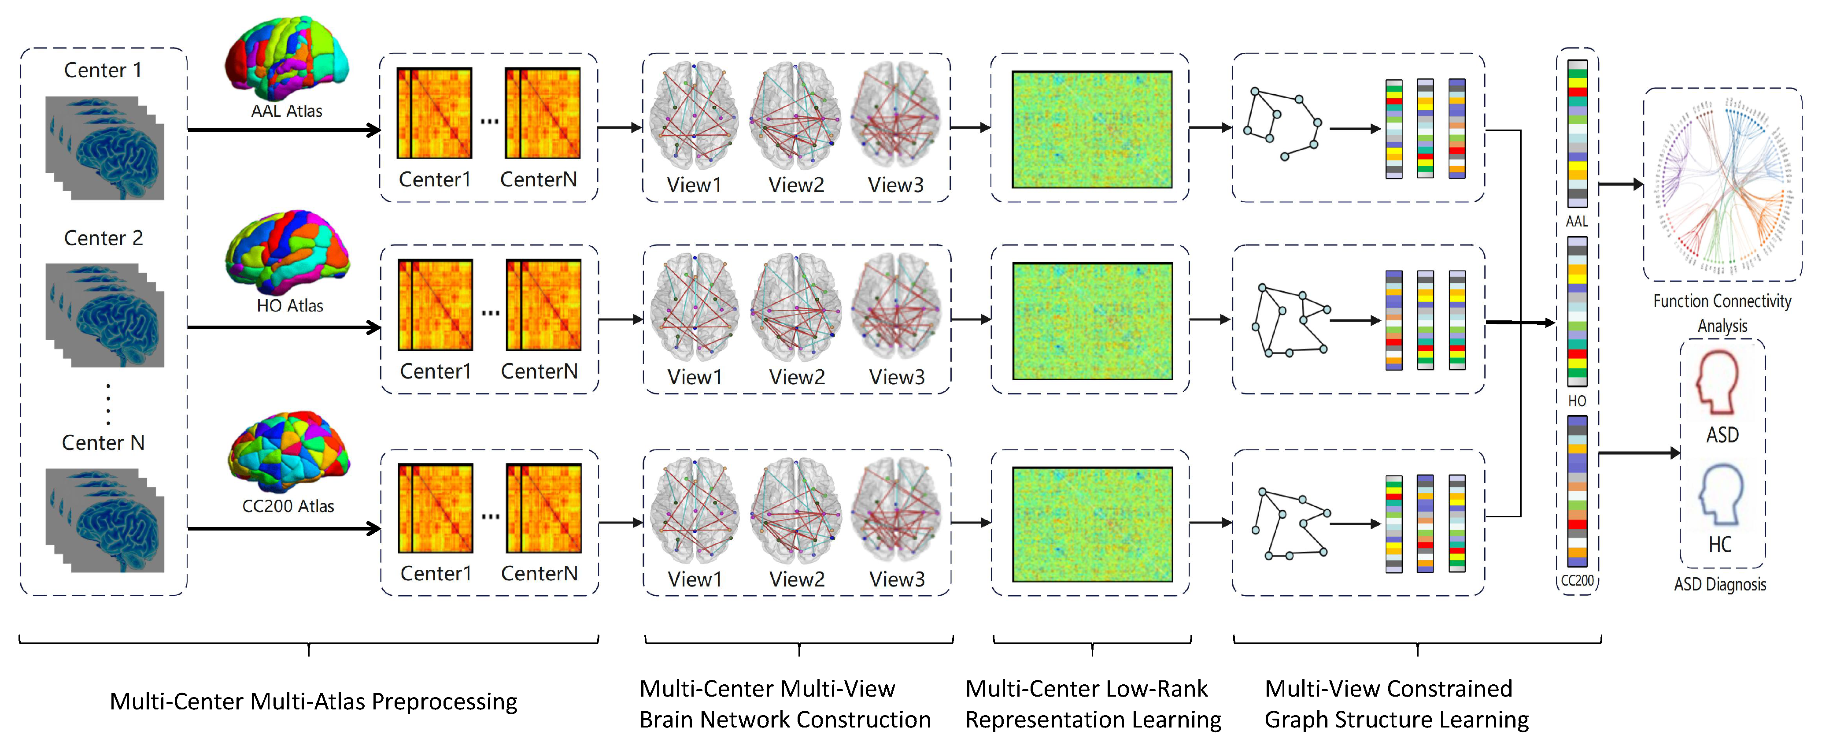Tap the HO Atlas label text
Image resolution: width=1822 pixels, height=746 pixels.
pos(289,306)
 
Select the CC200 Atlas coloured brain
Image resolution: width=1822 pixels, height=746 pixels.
pos(288,452)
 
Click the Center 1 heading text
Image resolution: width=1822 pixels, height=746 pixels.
pos(103,70)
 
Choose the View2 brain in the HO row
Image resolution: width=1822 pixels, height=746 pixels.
pos(796,308)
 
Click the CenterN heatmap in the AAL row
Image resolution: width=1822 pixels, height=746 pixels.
pos(543,113)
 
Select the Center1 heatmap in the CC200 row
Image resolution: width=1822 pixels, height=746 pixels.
pos(435,508)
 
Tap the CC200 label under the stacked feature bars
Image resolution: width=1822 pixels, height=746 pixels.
pos(1577,581)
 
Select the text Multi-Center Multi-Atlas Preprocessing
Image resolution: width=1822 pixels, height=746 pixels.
pos(313,701)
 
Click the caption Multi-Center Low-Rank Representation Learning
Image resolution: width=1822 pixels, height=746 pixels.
pos(1093,704)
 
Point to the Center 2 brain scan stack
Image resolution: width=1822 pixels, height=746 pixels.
pos(105,315)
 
